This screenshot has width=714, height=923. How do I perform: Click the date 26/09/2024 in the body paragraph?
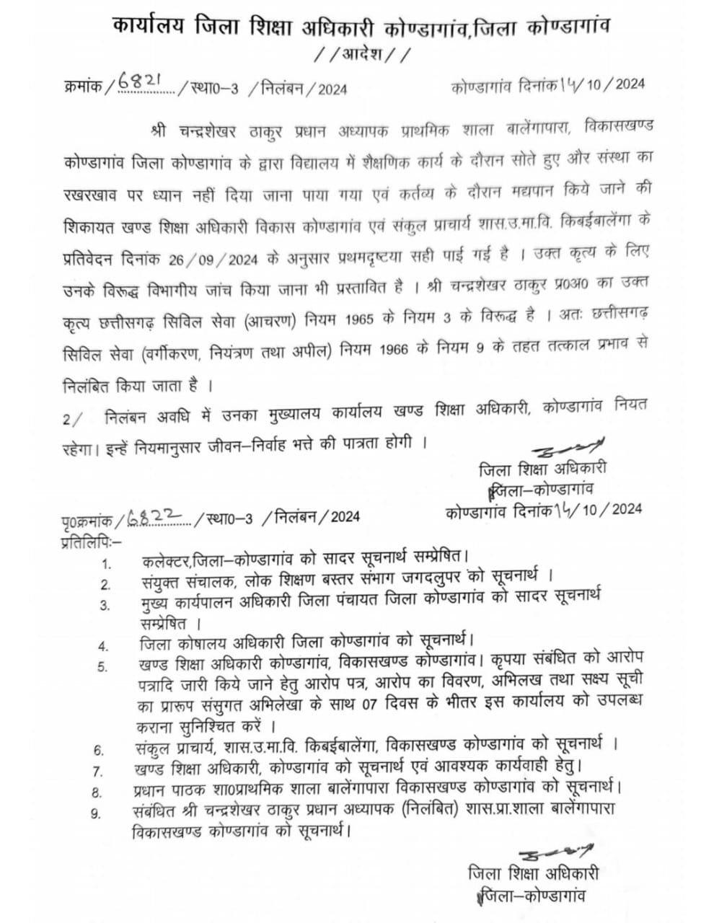(223, 257)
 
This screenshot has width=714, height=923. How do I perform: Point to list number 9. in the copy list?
(96, 813)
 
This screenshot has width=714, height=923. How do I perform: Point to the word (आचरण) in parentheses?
(273, 318)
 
